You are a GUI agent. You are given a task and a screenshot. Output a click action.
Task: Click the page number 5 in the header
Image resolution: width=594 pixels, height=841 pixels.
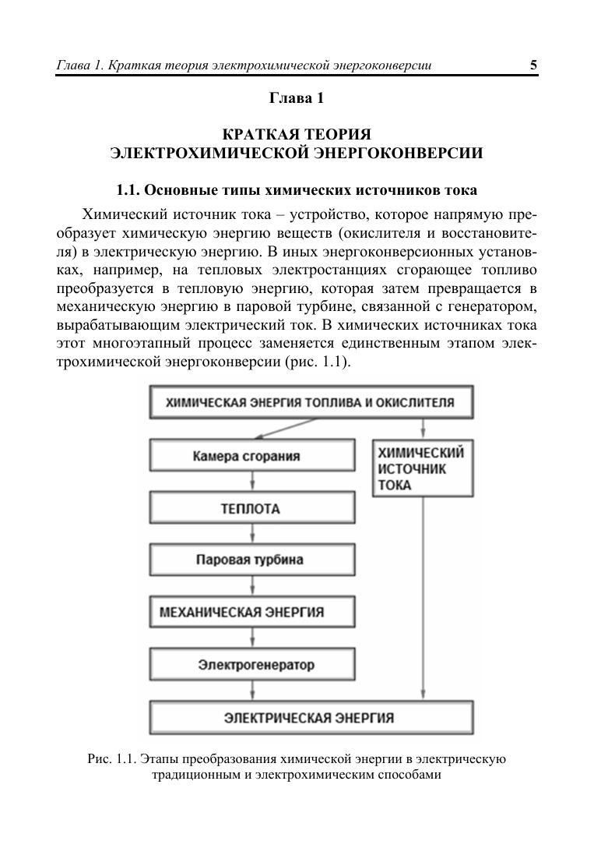click(x=533, y=65)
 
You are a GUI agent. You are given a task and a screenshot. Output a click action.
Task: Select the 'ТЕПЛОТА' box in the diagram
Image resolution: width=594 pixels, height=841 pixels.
click(x=251, y=509)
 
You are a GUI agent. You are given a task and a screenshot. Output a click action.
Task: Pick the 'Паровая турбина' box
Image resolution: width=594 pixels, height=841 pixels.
click(x=251, y=560)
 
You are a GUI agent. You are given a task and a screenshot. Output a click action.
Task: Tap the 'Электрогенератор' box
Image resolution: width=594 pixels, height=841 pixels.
click(x=251, y=665)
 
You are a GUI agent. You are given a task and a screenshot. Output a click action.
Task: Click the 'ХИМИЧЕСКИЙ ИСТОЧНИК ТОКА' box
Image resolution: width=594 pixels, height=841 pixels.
click(x=423, y=468)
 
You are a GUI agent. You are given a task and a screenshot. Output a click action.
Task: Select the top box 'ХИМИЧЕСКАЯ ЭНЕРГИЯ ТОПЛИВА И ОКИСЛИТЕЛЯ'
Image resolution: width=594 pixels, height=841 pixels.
click(x=310, y=403)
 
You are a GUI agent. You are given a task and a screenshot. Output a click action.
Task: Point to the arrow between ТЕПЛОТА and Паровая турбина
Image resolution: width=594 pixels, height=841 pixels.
click(x=251, y=535)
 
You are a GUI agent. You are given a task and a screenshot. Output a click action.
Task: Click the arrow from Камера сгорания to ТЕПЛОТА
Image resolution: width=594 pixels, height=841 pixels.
click(x=251, y=483)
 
